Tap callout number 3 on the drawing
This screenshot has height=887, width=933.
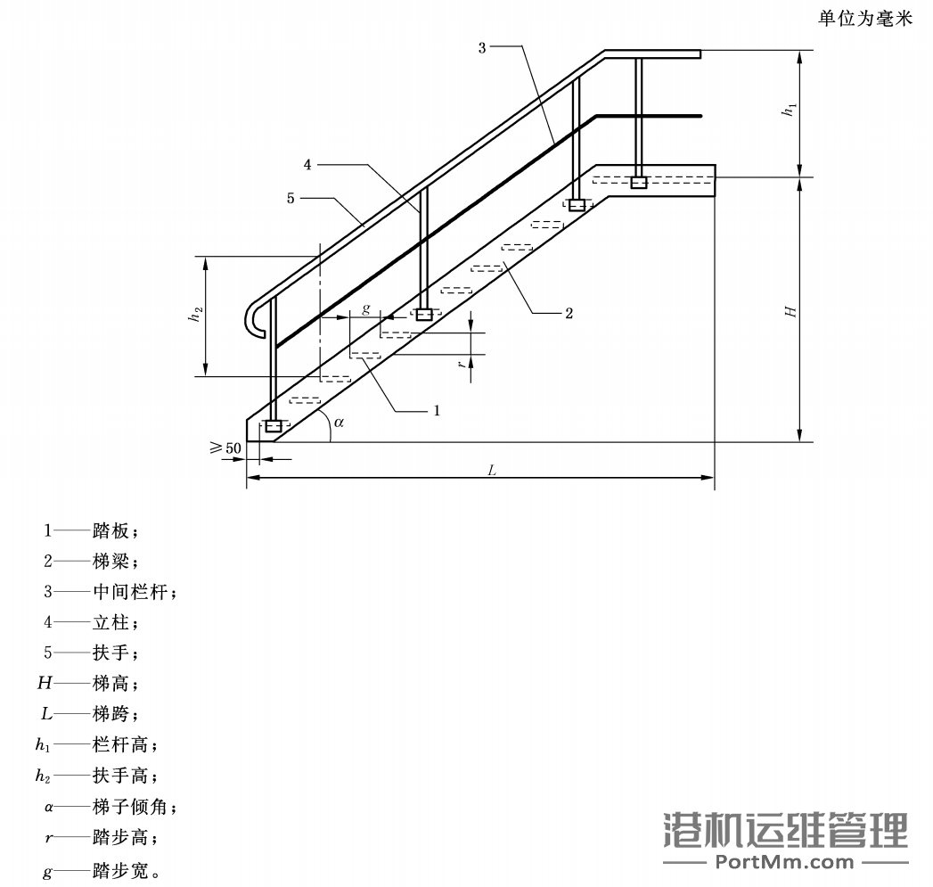point(482,47)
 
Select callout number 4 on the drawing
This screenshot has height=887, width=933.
point(307,165)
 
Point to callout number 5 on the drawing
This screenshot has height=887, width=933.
point(291,199)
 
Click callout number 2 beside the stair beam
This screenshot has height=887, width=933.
point(569,313)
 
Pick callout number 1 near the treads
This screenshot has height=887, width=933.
point(437,410)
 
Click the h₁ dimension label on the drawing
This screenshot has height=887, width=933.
point(787,111)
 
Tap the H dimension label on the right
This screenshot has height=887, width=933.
point(789,311)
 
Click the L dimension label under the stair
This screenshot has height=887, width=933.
point(491,470)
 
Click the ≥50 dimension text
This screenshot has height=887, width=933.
point(226,448)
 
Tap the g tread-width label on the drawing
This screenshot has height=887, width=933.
point(365,308)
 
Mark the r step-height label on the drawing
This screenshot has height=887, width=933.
point(462,365)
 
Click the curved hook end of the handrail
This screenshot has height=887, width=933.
point(252,321)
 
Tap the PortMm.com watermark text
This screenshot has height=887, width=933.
point(785,861)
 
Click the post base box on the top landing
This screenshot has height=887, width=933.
point(638,183)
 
